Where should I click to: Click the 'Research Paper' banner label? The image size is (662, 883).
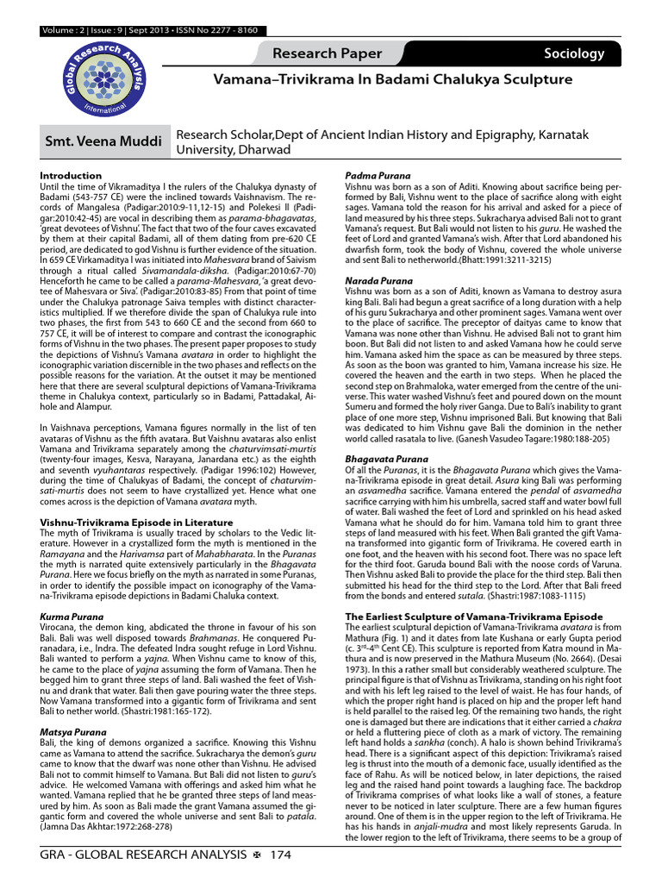pyautogui.click(x=327, y=53)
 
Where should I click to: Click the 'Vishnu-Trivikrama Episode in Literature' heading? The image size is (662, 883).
pyautogui.click(x=136, y=522)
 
